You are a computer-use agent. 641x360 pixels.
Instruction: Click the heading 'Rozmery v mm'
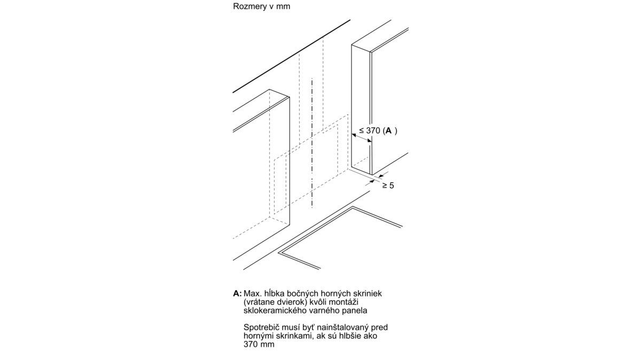(x=262, y=6)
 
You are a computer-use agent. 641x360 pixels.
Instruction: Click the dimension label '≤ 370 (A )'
(x=378, y=131)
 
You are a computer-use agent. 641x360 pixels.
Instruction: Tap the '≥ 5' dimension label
(x=388, y=185)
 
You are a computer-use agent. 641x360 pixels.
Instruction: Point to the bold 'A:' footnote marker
(x=238, y=293)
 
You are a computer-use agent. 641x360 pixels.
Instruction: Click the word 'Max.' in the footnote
(x=252, y=293)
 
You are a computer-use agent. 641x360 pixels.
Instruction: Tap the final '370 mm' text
(x=259, y=344)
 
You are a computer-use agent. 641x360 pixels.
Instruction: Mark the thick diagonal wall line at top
(x=291, y=56)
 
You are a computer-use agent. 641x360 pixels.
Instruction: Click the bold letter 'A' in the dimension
(x=388, y=131)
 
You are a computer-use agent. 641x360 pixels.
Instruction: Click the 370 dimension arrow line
(x=362, y=138)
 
